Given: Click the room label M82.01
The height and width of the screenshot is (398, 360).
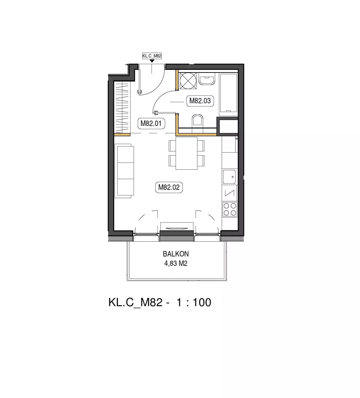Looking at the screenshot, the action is coord(151,124).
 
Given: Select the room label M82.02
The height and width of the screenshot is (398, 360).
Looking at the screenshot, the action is coord(169,187).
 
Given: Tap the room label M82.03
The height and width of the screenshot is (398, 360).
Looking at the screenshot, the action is coord(200,101).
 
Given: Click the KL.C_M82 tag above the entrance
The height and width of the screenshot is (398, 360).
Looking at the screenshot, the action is coord(152,56).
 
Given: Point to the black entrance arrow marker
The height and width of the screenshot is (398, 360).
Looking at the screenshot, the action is coord(152,61).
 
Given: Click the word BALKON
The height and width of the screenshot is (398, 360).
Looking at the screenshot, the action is coord(176,254).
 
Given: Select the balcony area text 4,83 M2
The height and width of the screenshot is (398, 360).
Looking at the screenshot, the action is coord(176,263).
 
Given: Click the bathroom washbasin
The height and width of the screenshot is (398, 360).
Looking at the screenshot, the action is coord(207,79).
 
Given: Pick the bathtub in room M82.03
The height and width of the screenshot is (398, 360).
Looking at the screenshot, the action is coord(229,93).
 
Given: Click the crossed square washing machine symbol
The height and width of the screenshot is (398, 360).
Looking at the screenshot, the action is coord(188,81).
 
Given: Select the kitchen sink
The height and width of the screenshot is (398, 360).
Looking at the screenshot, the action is coord(229,177).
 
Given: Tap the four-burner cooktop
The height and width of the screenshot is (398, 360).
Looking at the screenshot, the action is coord(230,209).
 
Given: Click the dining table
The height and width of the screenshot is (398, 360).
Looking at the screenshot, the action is coord(186,153).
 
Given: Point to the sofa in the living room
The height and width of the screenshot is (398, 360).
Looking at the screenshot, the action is coord(124,171).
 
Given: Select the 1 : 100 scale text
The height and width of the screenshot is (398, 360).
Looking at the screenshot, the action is coord(194,302).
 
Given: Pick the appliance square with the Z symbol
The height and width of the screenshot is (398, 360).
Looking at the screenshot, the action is coord(229,193).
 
